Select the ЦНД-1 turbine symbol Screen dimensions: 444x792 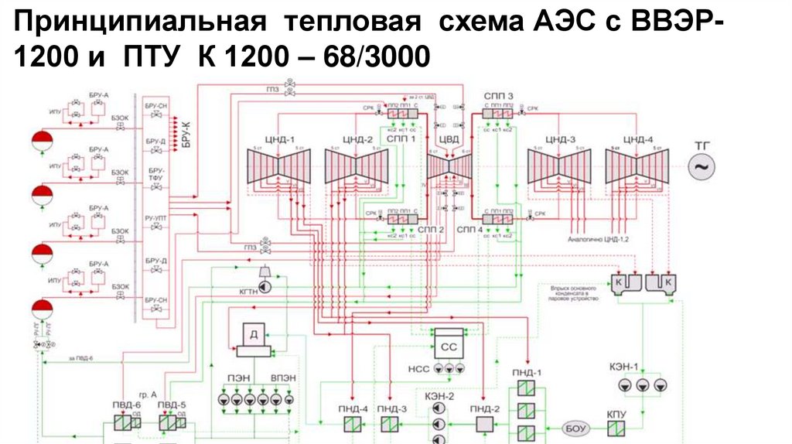pos(278,166)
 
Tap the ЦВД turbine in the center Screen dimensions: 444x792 pos(449,166)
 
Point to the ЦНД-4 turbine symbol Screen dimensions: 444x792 pos(637,166)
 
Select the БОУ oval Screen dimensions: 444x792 pos(572,428)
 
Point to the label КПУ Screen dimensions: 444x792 pos(616,414)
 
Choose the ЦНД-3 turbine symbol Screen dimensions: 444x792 pos(559,166)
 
